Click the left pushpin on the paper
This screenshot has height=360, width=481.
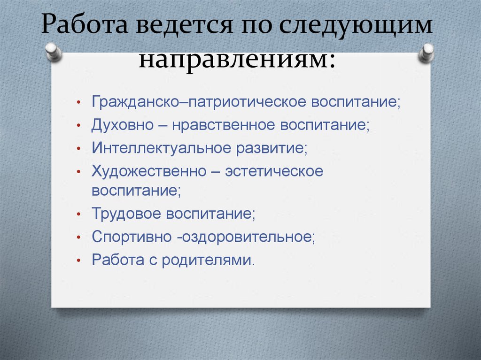tap(54, 52)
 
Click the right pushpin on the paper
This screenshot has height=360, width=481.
tap(427, 53)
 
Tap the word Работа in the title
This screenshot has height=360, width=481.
tap(85, 24)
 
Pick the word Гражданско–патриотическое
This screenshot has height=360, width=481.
tap(199, 102)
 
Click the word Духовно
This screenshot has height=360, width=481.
tap(123, 125)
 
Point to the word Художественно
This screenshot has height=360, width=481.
tap(149, 171)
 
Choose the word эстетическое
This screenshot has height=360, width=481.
tap(274, 171)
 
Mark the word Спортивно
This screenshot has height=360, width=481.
tap(132, 237)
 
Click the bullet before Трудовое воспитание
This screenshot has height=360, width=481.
tap(79, 214)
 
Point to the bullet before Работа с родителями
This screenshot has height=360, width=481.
tap(79, 260)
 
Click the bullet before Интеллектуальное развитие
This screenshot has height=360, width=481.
tap(79, 148)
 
